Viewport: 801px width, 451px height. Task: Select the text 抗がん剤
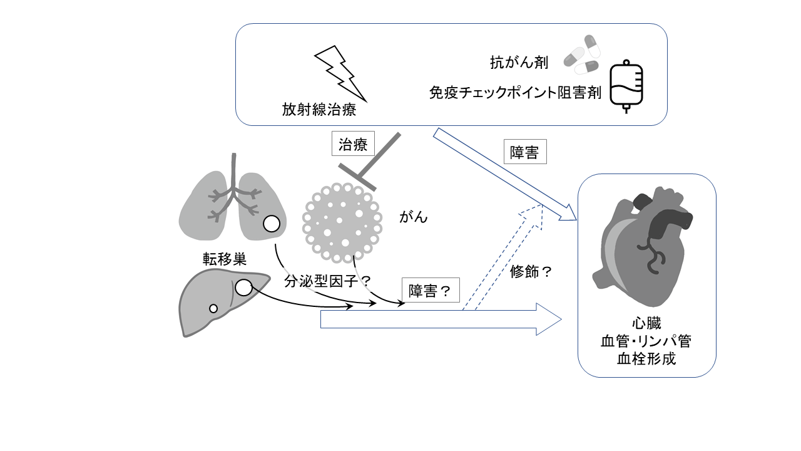[x=519, y=63]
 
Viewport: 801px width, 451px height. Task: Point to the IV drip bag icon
[x=626, y=86]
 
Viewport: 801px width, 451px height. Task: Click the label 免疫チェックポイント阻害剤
[x=515, y=93]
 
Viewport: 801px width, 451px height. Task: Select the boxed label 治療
[x=353, y=145]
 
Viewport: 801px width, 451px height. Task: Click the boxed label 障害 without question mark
[x=524, y=152]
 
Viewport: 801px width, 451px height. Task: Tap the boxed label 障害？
[x=429, y=291]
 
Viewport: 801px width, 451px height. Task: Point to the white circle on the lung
[x=271, y=224]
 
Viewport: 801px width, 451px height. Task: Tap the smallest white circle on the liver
[x=213, y=308]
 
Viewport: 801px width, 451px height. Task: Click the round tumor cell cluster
[x=342, y=222]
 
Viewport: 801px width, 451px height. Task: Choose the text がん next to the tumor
[x=414, y=217]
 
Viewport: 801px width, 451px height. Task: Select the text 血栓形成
[x=646, y=359]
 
